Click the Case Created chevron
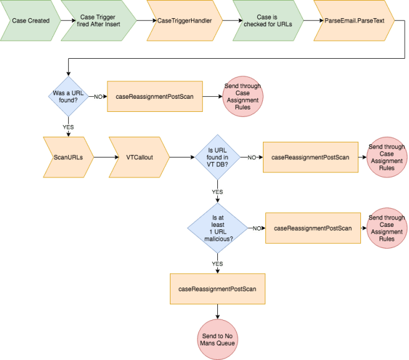pyautogui.click(x=31, y=21)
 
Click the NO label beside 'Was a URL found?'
pyautogui.click(x=98, y=97)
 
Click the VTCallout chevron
pyautogui.click(x=140, y=157)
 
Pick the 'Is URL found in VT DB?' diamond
pyautogui.click(x=217, y=157)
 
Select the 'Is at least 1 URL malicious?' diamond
pyautogui.click(x=217, y=228)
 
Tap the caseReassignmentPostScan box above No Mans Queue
pyautogui.click(x=217, y=289)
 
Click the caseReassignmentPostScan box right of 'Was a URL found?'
pyautogui.click(x=154, y=97)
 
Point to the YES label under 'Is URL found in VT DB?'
pyautogui.click(x=217, y=192)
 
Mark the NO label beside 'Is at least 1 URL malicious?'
pyautogui.click(x=257, y=228)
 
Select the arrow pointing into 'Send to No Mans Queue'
pyautogui.click(x=217, y=312)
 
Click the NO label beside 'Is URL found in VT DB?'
pyautogui.click(x=252, y=157)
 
